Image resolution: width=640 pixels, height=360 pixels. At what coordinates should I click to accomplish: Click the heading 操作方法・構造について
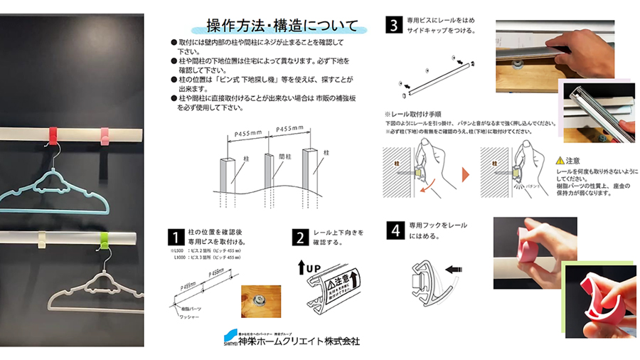pyautogui.click(x=282, y=26)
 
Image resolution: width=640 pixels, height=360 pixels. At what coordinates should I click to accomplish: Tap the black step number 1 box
pyautogui.click(x=176, y=238)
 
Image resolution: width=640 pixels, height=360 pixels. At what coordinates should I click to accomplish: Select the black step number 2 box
pyautogui.click(x=301, y=238)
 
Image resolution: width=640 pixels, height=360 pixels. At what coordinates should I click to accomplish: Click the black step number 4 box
pyautogui.click(x=394, y=230)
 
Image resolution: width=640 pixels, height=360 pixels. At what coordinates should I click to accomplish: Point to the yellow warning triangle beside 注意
pyautogui.click(x=560, y=161)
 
